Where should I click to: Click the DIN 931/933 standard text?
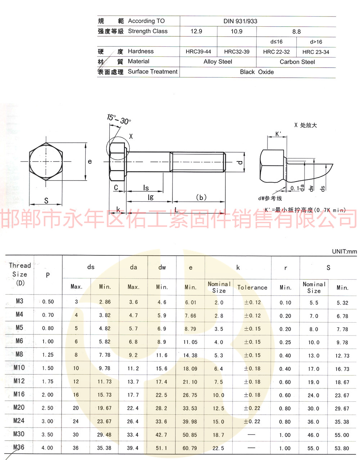point(240,21)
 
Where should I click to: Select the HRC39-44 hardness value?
point(198,52)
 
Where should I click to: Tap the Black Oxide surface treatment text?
point(257,72)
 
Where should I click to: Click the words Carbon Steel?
point(297,62)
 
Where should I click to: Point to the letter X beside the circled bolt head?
point(131,136)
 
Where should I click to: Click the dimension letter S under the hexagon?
point(46,201)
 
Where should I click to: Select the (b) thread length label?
point(201,197)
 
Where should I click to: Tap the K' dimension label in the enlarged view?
point(278,134)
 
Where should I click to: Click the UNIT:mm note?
point(344,251)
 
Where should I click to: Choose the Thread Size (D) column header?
point(20,274)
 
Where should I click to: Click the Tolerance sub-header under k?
point(252,287)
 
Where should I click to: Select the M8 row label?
point(19,354)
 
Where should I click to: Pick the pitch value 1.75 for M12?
point(48,382)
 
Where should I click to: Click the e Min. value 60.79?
point(190,448)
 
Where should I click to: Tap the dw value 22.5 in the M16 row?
point(161,395)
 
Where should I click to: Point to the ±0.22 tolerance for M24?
point(252,422)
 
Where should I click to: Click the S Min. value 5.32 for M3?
point(342,303)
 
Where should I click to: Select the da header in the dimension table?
point(133,267)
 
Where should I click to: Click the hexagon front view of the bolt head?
point(46,161)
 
